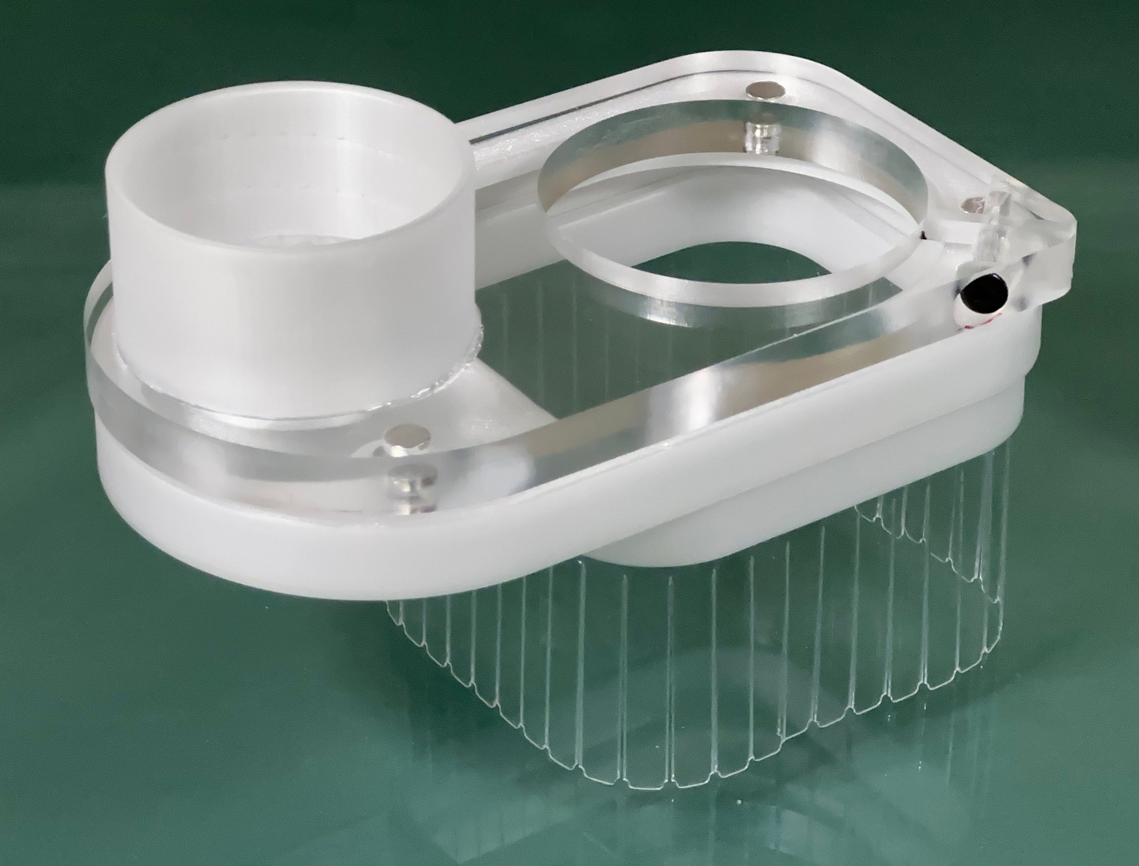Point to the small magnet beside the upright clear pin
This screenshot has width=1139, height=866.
(x=974, y=204)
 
